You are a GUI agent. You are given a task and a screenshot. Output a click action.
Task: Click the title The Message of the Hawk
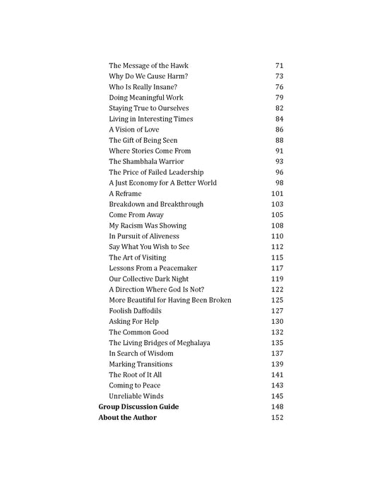click(x=148, y=66)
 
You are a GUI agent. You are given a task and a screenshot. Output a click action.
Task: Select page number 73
click(x=279, y=76)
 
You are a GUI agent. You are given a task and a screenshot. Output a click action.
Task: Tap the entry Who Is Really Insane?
click(x=145, y=87)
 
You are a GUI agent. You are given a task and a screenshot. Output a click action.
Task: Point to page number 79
click(x=279, y=98)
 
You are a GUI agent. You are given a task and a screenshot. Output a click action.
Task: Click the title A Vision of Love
click(x=133, y=129)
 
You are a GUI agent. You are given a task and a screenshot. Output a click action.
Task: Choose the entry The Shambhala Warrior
click(x=146, y=161)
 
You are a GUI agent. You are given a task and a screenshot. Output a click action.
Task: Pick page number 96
click(x=279, y=172)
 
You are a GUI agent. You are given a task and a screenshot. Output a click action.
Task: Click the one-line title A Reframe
click(x=125, y=193)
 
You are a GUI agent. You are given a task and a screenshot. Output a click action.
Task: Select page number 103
click(x=277, y=204)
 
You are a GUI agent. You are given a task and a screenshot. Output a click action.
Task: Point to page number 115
click(x=277, y=257)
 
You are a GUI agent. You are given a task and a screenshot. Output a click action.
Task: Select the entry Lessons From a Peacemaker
click(x=153, y=268)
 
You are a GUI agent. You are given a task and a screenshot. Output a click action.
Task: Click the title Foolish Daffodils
click(x=135, y=310)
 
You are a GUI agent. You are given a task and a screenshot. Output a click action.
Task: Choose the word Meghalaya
click(x=190, y=343)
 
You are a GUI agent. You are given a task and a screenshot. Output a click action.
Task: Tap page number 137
click(x=277, y=354)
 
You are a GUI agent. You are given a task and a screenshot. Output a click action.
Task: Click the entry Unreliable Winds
click(x=136, y=396)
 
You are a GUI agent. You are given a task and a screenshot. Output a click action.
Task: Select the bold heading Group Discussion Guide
click(x=138, y=407)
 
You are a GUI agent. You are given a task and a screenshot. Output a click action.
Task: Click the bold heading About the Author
click(x=127, y=417)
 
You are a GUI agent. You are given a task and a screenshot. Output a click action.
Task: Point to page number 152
click(x=277, y=417)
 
